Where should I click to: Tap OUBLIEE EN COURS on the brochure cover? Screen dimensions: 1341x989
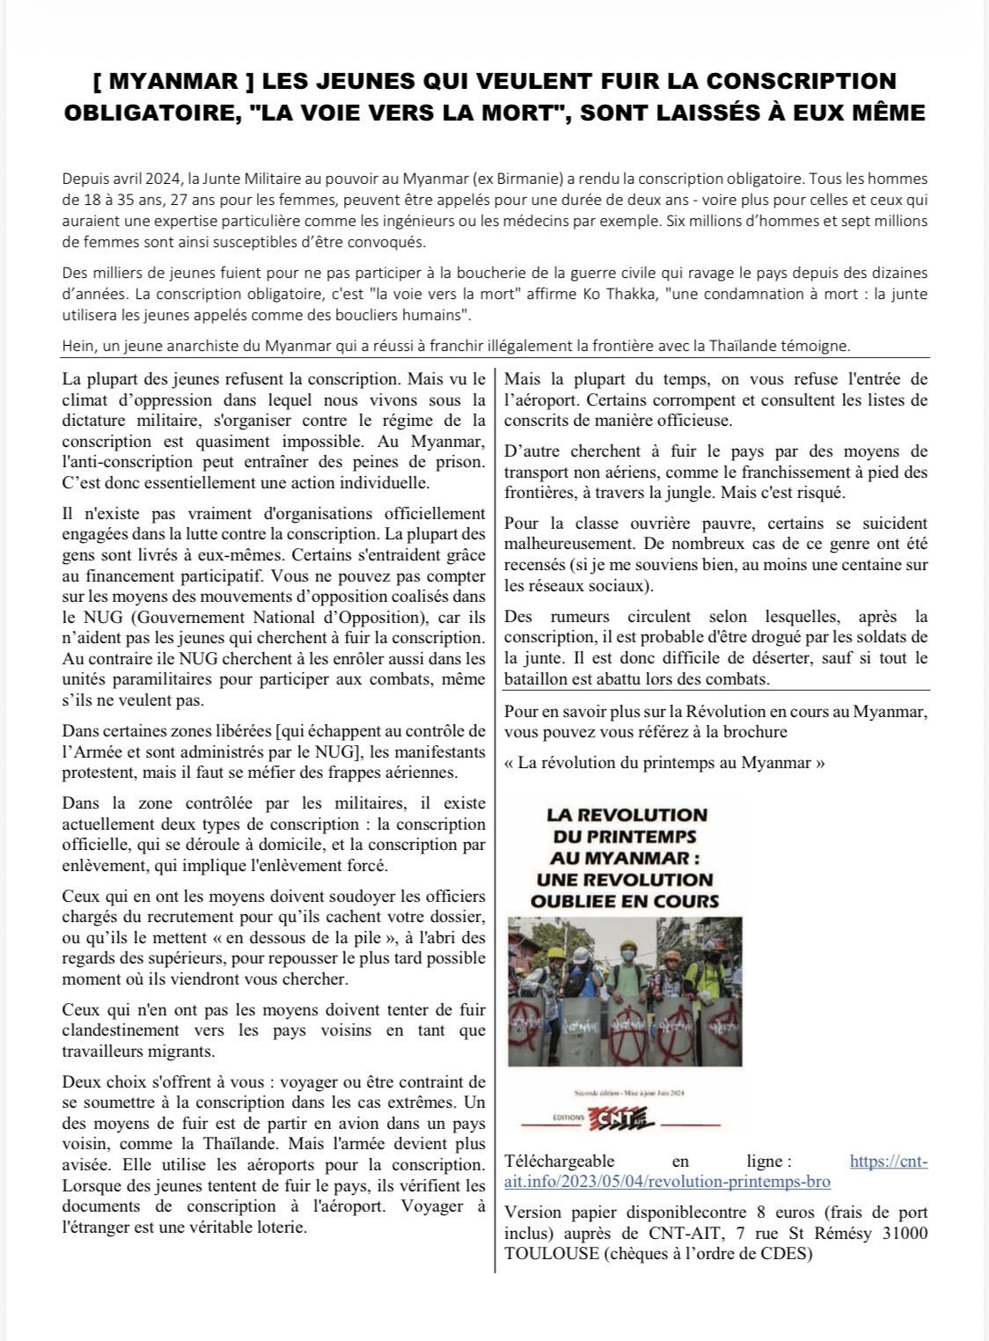pyautogui.click(x=625, y=901)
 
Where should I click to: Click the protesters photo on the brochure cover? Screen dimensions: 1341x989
pyautogui.click(x=626, y=991)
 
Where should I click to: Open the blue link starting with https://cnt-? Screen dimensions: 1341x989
pyautogui.click(x=889, y=1161)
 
